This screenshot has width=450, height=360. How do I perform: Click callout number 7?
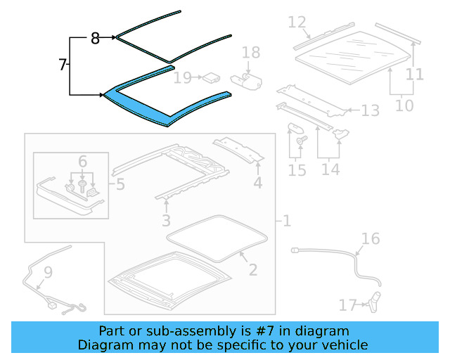(62, 65)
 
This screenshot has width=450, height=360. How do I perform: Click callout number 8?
(95, 39)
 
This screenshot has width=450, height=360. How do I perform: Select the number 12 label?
(297, 23)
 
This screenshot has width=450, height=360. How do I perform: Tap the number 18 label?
(251, 52)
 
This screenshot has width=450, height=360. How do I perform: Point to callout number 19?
(182, 77)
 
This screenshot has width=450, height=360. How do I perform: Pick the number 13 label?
(371, 110)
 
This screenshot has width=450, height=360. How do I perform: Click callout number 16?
(371, 239)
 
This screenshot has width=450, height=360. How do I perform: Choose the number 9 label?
(48, 271)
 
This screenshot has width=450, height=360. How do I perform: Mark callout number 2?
(253, 269)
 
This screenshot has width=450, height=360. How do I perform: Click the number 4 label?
(258, 184)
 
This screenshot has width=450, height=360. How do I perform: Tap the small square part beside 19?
(209, 77)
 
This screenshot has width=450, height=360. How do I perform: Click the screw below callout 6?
(83, 188)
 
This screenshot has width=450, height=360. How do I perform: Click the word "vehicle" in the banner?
(344, 345)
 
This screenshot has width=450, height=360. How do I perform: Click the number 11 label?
(415, 74)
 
